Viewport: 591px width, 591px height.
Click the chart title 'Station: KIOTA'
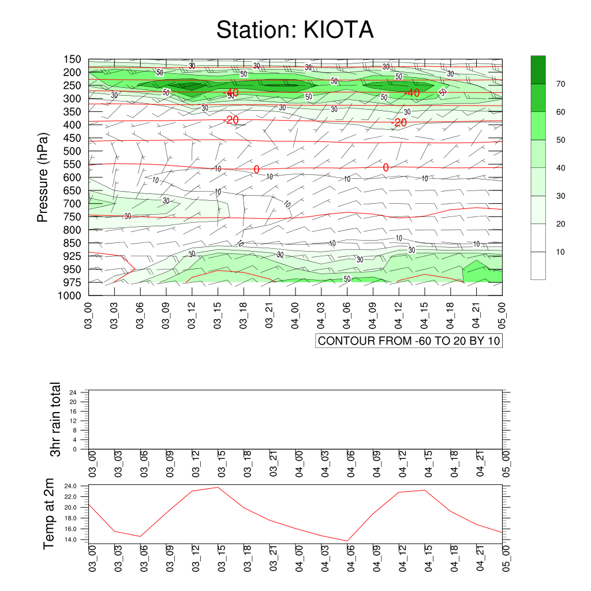point(295,30)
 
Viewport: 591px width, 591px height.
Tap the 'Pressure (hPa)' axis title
point(43,177)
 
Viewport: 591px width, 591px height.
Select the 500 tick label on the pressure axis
point(72,151)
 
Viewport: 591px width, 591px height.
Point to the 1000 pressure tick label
point(70,295)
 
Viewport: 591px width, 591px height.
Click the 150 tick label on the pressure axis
point(72,59)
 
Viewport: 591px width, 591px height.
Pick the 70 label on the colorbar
point(560,84)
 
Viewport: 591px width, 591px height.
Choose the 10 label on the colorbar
point(560,252)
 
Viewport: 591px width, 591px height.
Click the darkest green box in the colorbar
point(538,70)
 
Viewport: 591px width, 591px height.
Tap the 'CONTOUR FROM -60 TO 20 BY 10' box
point(409,341)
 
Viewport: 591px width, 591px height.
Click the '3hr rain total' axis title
point(55,420)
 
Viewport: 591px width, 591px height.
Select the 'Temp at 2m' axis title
point(48,514)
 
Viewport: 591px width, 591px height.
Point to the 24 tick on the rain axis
point(73,392)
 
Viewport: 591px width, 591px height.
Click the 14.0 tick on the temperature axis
point(70,540)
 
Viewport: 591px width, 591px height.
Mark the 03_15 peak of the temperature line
point(218,487)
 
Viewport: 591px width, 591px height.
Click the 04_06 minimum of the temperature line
point(347,541)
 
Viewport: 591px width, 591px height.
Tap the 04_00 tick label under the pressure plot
point(295,316)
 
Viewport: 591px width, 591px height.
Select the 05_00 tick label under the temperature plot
point(506,558)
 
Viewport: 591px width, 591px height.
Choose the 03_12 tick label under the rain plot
point(196,464)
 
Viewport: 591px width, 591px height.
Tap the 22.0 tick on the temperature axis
point(70,497)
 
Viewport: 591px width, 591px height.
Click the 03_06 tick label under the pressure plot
point(140,316)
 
